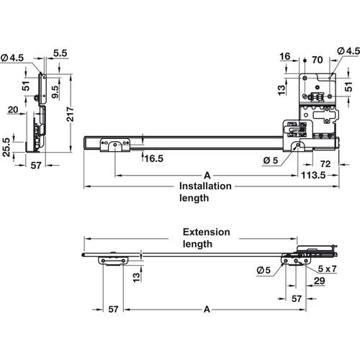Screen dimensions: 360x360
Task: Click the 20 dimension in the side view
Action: pyautogui.click(x=13, y=109)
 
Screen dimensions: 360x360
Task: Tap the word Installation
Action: pyautogui.click(x=205, y=186)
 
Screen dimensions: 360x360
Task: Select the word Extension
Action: pyautogui.click(x=206, y=232)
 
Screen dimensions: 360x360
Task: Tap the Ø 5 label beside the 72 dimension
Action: pyautogui.click(x=271, y=159)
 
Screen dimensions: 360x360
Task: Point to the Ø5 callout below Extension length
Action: pyautogui.click(x=264, y=271)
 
